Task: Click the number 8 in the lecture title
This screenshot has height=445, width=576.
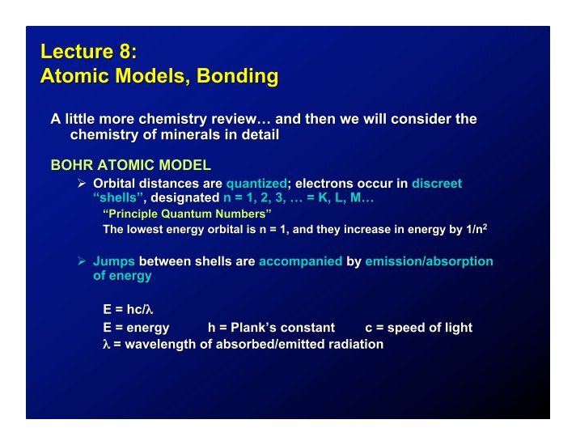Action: pos(124,51)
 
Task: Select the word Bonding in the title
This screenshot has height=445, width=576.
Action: pos(237,76)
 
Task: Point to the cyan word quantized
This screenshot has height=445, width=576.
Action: pos(256,184)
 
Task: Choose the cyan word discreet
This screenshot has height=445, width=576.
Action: pos(437,183)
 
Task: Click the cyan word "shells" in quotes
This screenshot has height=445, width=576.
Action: pos(118,197)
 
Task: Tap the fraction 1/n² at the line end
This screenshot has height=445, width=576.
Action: pos(476,229)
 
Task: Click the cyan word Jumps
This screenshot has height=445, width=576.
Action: pos(114,261)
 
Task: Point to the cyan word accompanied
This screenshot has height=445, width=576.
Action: pos(300,261)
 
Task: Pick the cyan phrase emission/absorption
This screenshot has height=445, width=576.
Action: pos(429,261)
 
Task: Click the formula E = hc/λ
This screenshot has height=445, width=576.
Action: pos(128,309)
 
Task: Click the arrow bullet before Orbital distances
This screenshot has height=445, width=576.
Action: pos(82,183)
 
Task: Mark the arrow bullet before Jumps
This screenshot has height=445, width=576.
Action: pos(82,261)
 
